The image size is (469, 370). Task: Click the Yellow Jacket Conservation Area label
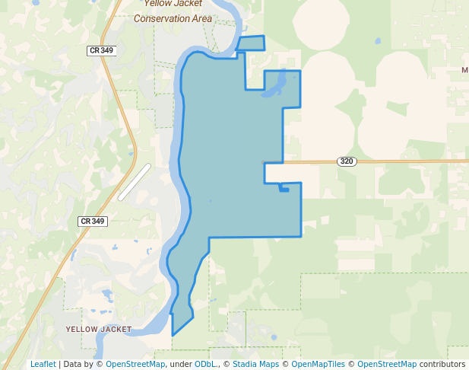pyautogui.click(x=173, y=11)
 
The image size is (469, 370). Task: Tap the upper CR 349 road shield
pyautogui.click(x=100, y=50)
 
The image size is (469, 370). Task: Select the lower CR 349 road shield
pyautogui.click(x=92, y=221)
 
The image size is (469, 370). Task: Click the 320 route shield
pyautogui.click(x=347, y=161)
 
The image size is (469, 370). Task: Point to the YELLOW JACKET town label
pyautogui.click(x=99, y=330)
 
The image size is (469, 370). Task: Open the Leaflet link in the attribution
pyautogui.click(x=43, y=364)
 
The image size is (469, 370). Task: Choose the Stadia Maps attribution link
pyautogui.click(x=255, y=364)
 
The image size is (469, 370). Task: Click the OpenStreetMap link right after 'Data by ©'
pyautogui.click(x=135, y=364)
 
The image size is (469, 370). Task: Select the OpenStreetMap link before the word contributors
pyautogui.click(x=387, y=364)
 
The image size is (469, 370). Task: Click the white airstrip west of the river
pyautogui.click(x=135, y=182)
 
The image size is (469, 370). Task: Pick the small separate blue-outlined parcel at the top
pyautogui.click(x=251, y=43)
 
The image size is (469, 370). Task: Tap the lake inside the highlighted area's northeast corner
pyautogui.click(x=276, y=83)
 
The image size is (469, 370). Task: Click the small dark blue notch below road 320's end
pyautogui.click(x=284, y=189)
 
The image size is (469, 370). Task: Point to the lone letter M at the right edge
pyautogui.click(x=464, y=70)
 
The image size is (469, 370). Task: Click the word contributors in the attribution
pyautogui.click(x=442, y=364)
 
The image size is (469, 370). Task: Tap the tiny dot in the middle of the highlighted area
pyautogui.click(x=211, y=201)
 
